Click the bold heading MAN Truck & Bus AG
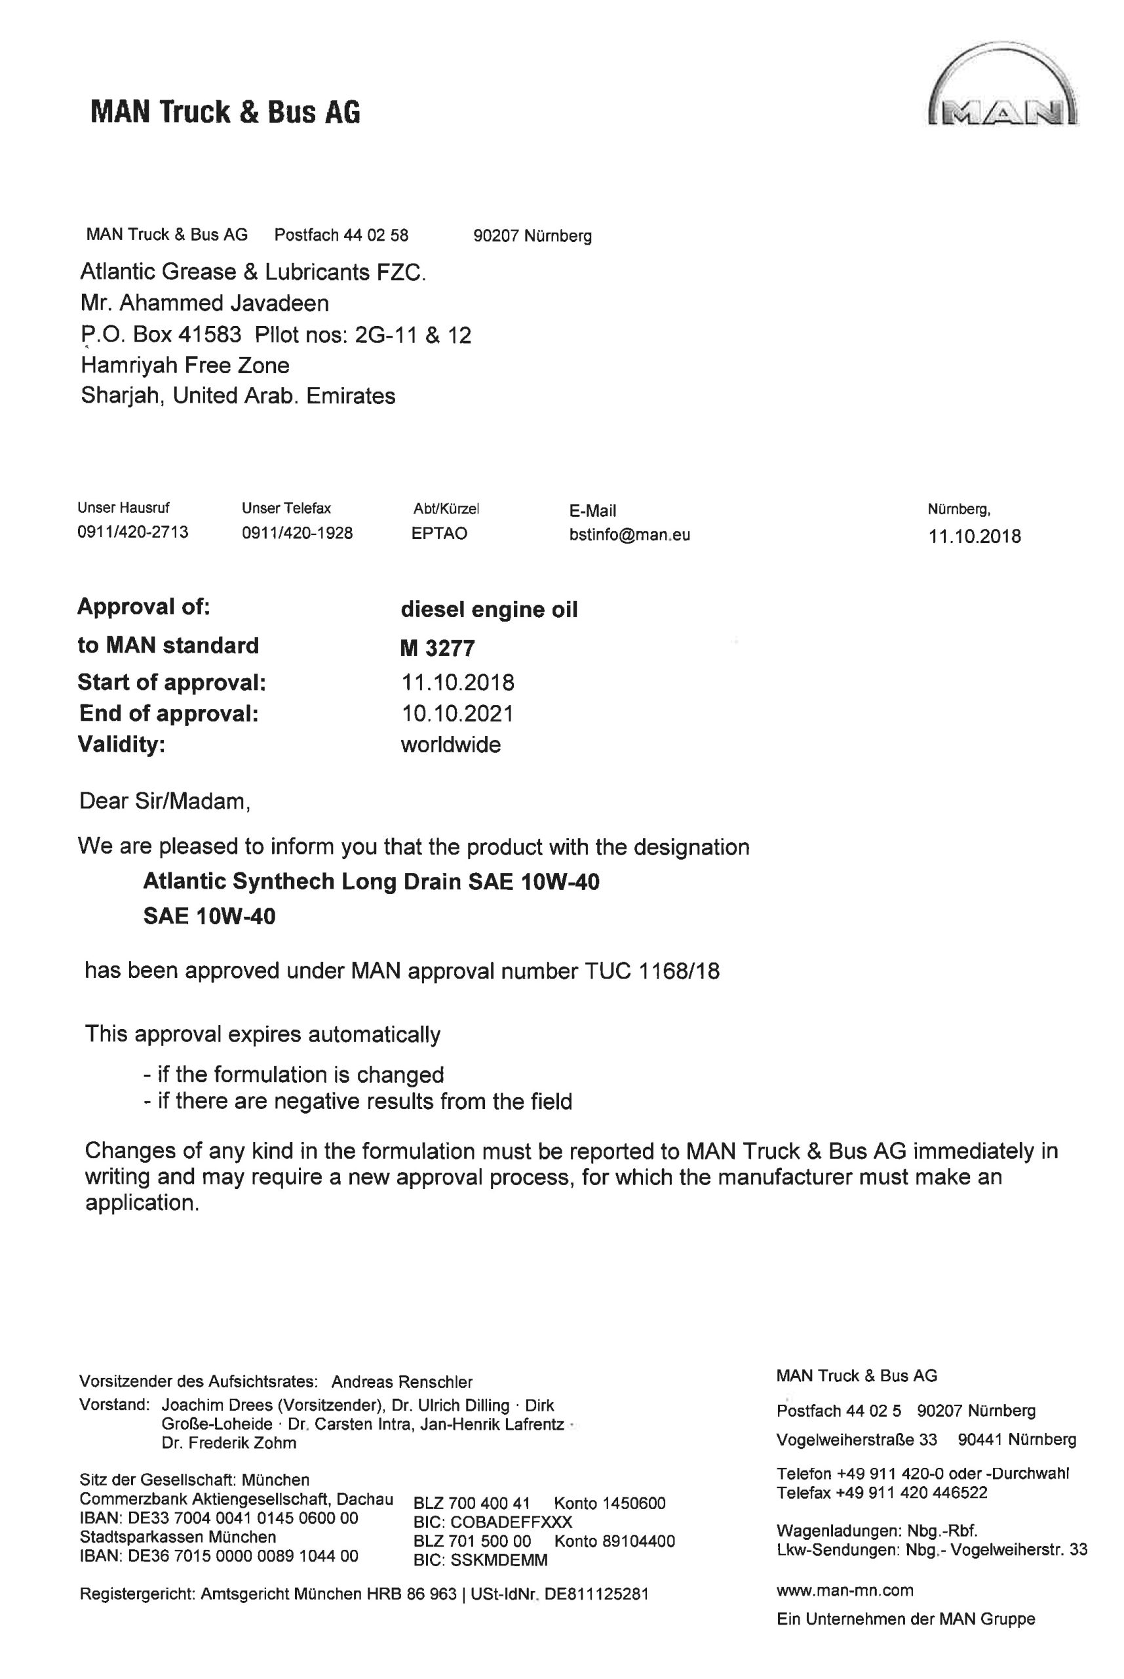[x=225, y=113]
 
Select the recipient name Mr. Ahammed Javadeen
[x=204, y=304]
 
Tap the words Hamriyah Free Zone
[x=185, y=365]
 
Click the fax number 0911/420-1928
[x=297, y=533]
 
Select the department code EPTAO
[x=438, y=534]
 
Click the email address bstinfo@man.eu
[x=629, y=535]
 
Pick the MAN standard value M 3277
[x=437, y=649]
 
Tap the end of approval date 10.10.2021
[x=457, y=714]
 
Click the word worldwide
[x=450, y=744]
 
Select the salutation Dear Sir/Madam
[x=164, y=801]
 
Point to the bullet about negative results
[x=358, y=1101]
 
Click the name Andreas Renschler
[x=402, y=1382]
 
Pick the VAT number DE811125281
[x=596, y=1594]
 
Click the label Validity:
[x=121, y=744]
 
